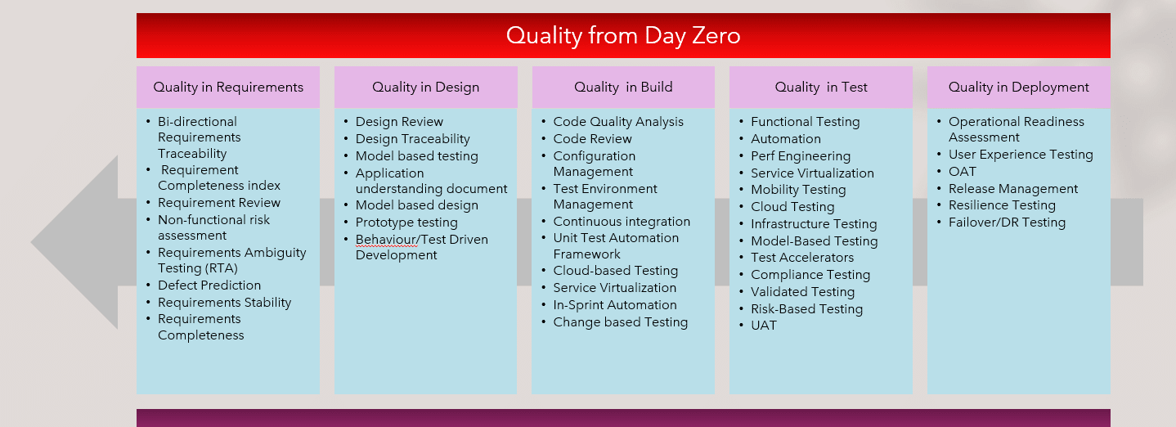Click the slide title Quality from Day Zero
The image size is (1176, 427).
[x=623, y=36]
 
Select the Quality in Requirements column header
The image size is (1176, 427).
[x=228, y=88]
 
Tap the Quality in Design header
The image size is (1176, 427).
[x=425, y=88]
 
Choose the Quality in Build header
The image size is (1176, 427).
[x=623, y=88]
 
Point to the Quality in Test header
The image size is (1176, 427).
[x=821, y=88]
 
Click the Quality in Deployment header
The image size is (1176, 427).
[x=1018, y=88]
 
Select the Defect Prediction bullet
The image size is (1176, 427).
[x=209, y=285]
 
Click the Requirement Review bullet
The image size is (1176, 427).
[x=219, y=203]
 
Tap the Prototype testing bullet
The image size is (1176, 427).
[x=406, y=222]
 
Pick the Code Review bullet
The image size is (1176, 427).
[x=592, y=139]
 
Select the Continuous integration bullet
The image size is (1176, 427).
[x=622, y=222]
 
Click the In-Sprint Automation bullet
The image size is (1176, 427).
[x=615, y=305]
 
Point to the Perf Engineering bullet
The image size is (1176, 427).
[x=801, y=156]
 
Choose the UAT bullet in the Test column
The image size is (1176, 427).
[x=764, y=326]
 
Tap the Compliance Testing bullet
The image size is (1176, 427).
[x=810, y=275]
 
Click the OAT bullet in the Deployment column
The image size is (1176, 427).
[x=963, y=172]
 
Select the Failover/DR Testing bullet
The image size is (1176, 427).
[x=1007, y=222]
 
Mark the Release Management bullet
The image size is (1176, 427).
[x=1013, y=189]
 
